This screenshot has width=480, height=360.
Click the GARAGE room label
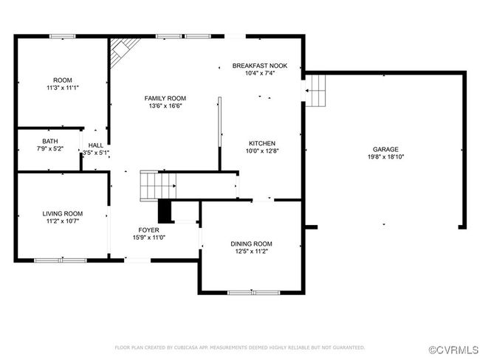point(385,149)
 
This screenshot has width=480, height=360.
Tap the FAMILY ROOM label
point(165,98)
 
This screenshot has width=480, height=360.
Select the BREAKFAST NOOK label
point(260,66)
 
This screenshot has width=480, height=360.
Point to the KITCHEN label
point(262,143)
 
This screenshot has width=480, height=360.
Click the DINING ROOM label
point(251,243)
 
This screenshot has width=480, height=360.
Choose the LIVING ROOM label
point(63,213)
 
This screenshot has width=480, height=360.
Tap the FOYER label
point(148,230)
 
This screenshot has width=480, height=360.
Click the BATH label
point(50,142)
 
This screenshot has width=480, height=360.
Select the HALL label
point(96,145)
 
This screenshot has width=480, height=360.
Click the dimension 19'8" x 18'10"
point(385,157)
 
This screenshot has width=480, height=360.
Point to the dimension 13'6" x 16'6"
point(165,105)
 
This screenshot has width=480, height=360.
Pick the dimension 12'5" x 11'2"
point(251,252)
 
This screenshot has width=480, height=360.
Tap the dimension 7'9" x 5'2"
point(50,149)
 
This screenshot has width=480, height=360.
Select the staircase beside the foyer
point(158,186)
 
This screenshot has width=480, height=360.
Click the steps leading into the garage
point(315,91)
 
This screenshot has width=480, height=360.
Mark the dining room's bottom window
point(254,293)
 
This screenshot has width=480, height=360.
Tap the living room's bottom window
point(61,260)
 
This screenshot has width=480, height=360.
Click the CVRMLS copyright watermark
point(454,350)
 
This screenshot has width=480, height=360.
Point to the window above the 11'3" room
point(63,36)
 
